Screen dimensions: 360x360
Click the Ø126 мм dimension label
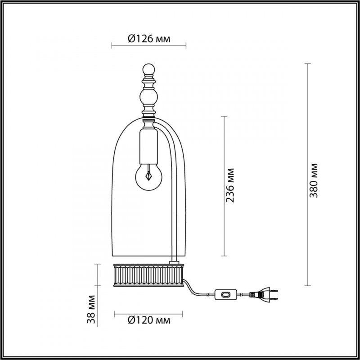(149, 39)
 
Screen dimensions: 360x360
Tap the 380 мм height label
(315, 180)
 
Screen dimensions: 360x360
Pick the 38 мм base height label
(91, 309)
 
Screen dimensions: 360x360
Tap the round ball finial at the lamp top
(148, 70)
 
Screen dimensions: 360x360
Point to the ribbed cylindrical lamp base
(148, 274)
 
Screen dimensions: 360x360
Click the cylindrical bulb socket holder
(148, 146)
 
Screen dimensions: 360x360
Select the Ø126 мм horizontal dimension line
(148, 45)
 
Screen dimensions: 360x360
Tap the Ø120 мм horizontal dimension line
(148, 313)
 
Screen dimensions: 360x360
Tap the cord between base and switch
(198, 291)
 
